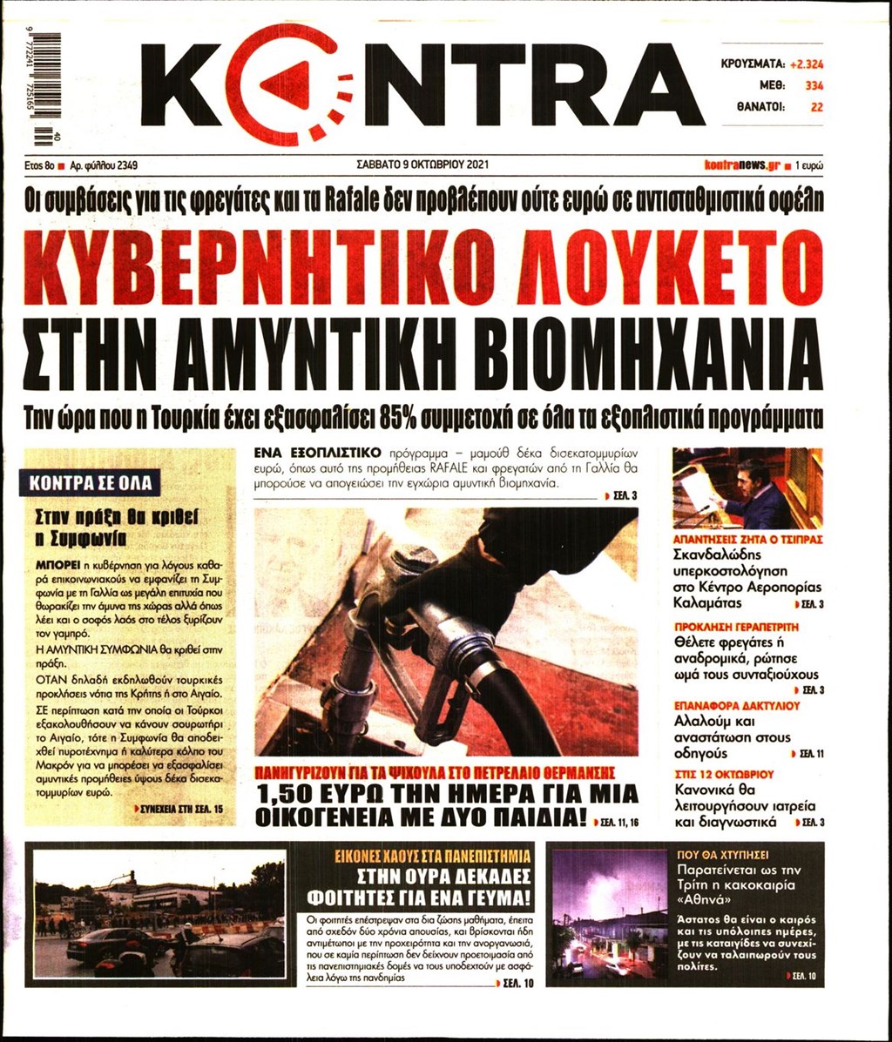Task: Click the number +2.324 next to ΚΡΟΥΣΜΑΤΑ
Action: click(806, 64)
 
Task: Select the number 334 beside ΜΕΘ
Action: click(814, 85)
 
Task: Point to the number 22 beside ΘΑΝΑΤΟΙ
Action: click(816, 108)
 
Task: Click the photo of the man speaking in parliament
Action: click(747, 488)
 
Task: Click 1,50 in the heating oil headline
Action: click(294, 794)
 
